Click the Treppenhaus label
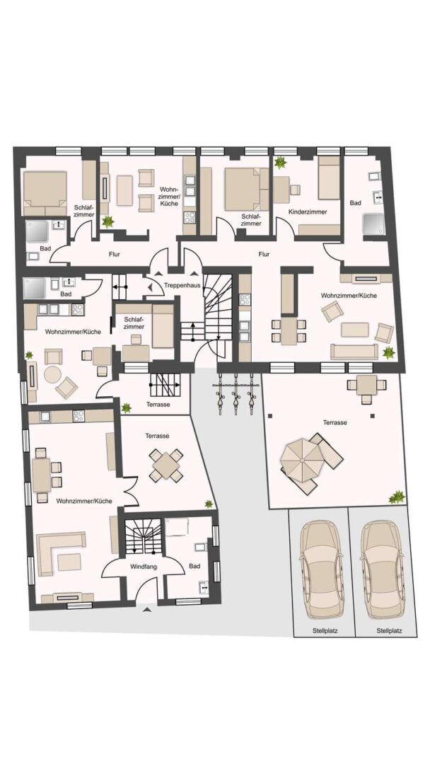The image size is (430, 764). pyautogui.click(x=182, y=286)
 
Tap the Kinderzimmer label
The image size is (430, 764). pyautogui.click(x=307, y=212)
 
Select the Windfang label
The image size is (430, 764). pyautogui.click(x=142, y=567)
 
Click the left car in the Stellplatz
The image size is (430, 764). pyautogui.click(x=319, y=569)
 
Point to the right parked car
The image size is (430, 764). pyautogui.click(x=383, y=569)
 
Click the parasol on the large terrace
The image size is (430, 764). pyautogui.click(x=301, y=461)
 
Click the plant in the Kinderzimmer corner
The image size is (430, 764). pyautogui.click(x=281, y=162)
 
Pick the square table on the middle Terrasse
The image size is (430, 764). pyautogui.click(x=166, y=465)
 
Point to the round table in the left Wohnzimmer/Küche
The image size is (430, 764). pyautogui.click(x=52, y=374)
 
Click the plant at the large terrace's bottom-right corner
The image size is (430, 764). pyautogui.click(x=397, y=497)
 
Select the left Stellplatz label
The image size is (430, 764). pyautogui.click(x=326, y=630)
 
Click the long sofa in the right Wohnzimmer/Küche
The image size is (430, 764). pyautogui.click(x=354, y=352)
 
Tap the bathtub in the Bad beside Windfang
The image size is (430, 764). pyautogui.click(x=177, y=527)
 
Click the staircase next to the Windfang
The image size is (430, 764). pyautogui.click(x=142, y=537)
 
